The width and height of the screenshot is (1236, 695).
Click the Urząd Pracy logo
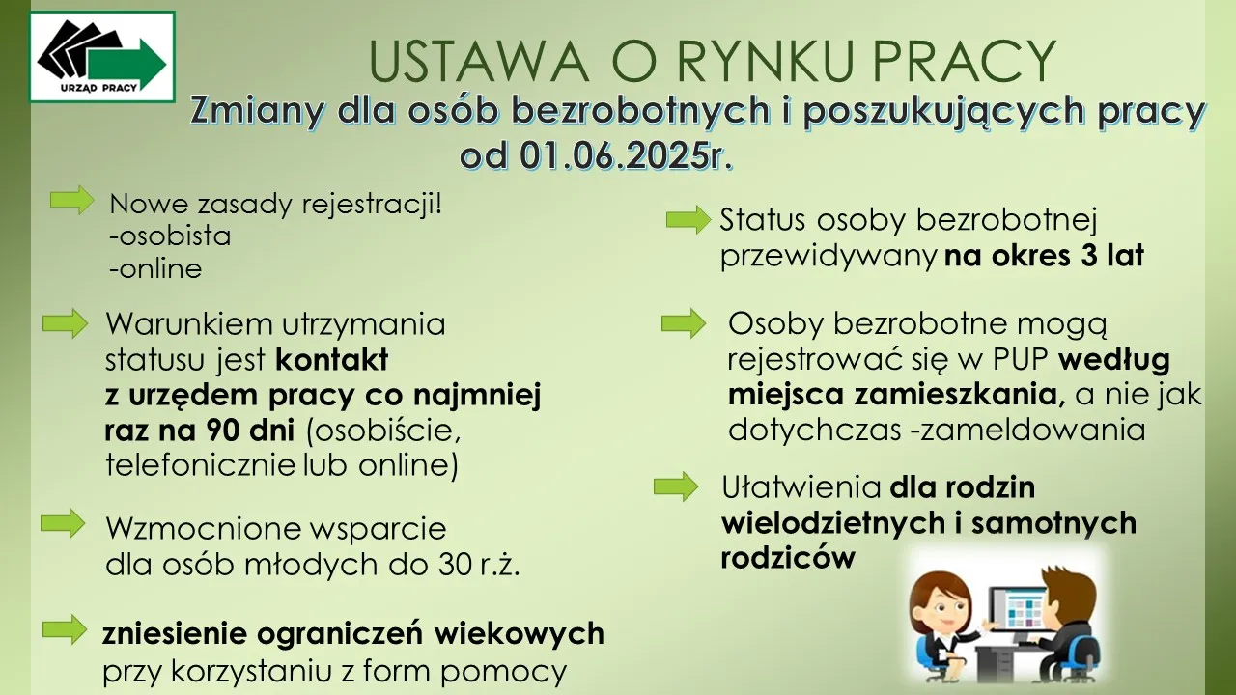102,57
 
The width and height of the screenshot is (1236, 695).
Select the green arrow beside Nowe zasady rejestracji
71,200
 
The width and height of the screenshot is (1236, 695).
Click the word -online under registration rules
154,269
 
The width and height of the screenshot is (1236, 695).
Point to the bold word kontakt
332,360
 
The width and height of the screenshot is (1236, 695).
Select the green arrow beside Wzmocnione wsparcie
63,524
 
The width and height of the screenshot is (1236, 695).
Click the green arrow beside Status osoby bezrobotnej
688,220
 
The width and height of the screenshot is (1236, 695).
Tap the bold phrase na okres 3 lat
1044,257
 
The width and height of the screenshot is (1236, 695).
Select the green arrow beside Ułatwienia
676,486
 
